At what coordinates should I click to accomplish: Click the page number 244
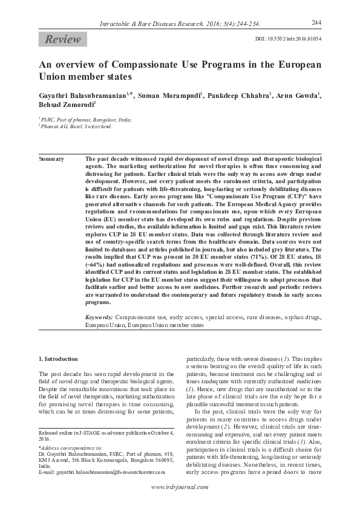(x=315, y=22)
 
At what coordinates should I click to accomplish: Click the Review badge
(x=62, y=40)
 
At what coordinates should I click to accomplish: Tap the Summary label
(x=51, y=159)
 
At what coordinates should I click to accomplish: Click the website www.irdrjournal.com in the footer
(x=180, y=487)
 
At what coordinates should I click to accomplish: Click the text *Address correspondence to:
(x=70, y=448)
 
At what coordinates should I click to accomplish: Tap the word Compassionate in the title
(x=157, y=65)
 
